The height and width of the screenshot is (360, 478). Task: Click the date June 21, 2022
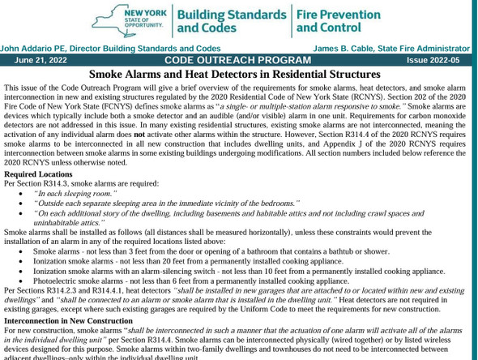41,60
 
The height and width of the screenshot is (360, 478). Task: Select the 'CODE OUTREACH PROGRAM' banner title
237,60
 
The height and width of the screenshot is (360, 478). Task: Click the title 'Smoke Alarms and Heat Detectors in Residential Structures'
235,74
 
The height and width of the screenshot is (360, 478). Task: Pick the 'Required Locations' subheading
38,174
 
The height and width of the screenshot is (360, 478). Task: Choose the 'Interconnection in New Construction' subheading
68,320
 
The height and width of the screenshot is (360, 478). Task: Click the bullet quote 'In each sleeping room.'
75,194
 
